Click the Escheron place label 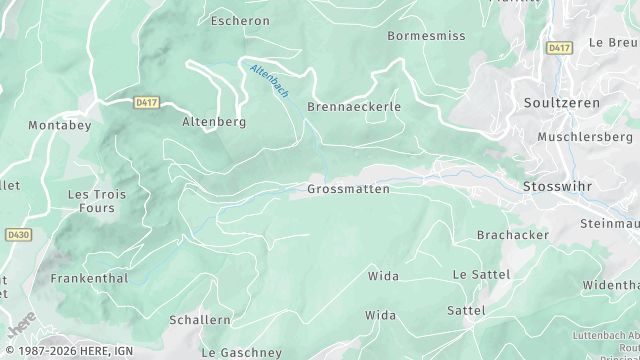241,20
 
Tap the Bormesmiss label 426,36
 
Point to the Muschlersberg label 585,136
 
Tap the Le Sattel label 481,274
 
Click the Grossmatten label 349,189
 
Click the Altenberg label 214,122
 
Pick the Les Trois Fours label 97,202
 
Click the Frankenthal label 89,279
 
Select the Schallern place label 200,320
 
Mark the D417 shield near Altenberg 146,102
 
